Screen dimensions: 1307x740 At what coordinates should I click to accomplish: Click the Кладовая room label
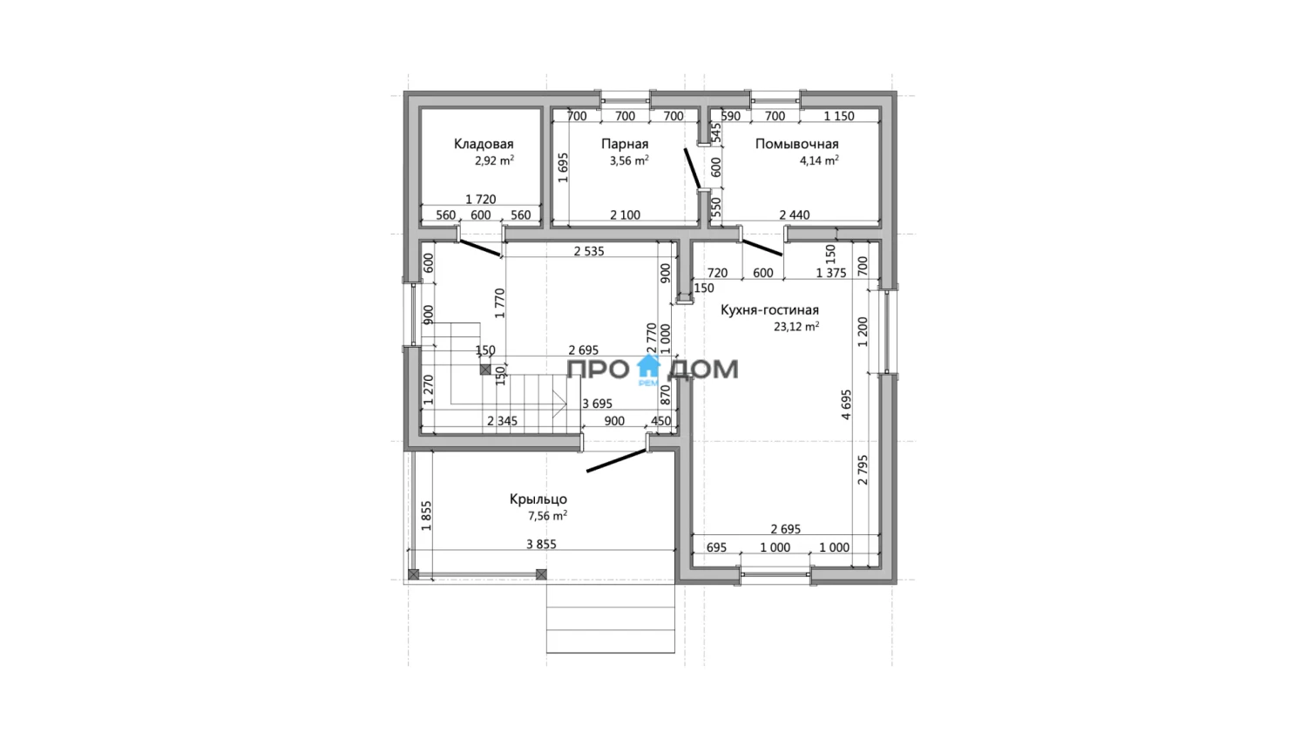pos(484,144)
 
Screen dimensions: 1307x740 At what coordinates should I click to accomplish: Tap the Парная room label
pos(625,144)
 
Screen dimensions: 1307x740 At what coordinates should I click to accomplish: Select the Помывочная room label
pos(797,144)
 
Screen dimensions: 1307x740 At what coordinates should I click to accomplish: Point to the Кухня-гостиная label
pos(769,310)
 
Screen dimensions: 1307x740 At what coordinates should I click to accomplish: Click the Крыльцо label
pos(538,499)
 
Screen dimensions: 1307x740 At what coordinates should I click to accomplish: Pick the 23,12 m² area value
pos(796,327)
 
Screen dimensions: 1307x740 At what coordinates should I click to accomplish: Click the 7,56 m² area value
pos(547,516)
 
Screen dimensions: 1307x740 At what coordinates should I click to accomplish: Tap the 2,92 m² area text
pos(494,160)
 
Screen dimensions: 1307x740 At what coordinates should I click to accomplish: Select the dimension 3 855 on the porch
pos(541,545)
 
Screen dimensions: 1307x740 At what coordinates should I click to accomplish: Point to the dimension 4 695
pos(846,404)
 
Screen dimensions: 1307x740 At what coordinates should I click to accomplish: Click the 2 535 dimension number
pos(589,252)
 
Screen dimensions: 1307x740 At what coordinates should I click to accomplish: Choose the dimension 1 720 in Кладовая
pos(481,200)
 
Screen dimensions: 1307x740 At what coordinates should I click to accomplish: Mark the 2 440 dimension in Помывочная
pos(795,215)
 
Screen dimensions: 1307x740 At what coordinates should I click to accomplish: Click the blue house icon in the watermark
pos(648,367)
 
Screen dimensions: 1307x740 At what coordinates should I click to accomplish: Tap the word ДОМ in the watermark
pos(703,370)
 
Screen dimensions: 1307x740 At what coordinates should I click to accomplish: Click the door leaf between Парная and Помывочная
pos(693,169)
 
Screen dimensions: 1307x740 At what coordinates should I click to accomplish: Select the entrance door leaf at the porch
pos(616,460)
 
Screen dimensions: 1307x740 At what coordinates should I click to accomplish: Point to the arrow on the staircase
pos(559,404)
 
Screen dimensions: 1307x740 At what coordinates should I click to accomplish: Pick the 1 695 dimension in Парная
pos(563,167)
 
